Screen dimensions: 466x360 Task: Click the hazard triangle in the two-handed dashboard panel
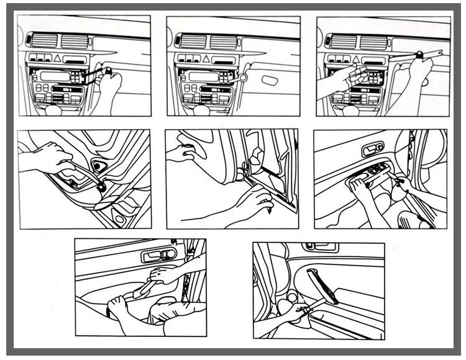[354, 58]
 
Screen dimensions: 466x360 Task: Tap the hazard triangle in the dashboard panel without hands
[204, 58]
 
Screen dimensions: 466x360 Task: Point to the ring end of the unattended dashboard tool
[244, 78]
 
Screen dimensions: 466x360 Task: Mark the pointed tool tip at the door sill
[271, 212]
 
